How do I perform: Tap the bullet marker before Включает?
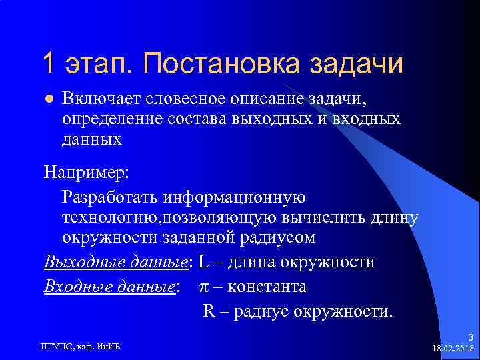point(47,99)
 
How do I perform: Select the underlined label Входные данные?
point(111,287)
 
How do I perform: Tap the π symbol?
point(205,287)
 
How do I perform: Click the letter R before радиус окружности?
point(207,311)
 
